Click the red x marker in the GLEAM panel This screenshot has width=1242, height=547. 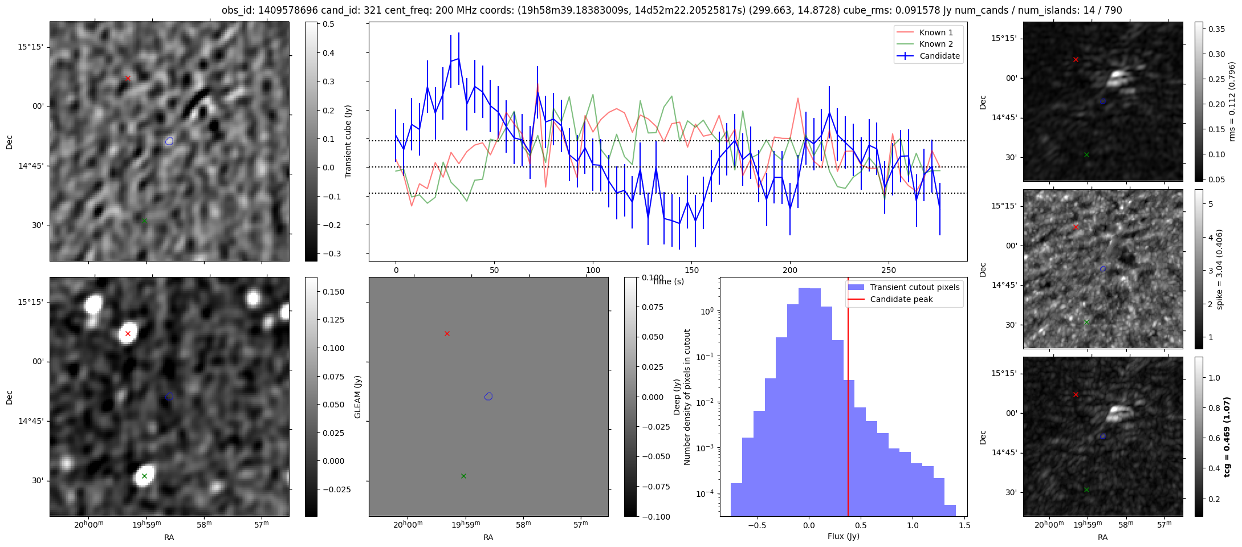447,333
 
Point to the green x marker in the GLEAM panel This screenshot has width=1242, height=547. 463,476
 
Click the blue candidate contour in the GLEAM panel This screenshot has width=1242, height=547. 488,397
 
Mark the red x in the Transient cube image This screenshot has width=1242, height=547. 128,78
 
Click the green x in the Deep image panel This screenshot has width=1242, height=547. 144,476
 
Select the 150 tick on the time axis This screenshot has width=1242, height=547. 691,270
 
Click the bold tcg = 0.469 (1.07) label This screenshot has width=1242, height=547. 1227,436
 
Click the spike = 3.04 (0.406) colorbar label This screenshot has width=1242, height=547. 1219,269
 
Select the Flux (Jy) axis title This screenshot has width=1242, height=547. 843,536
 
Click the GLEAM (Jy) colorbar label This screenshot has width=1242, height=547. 358,397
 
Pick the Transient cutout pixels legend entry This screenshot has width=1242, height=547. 914,287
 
